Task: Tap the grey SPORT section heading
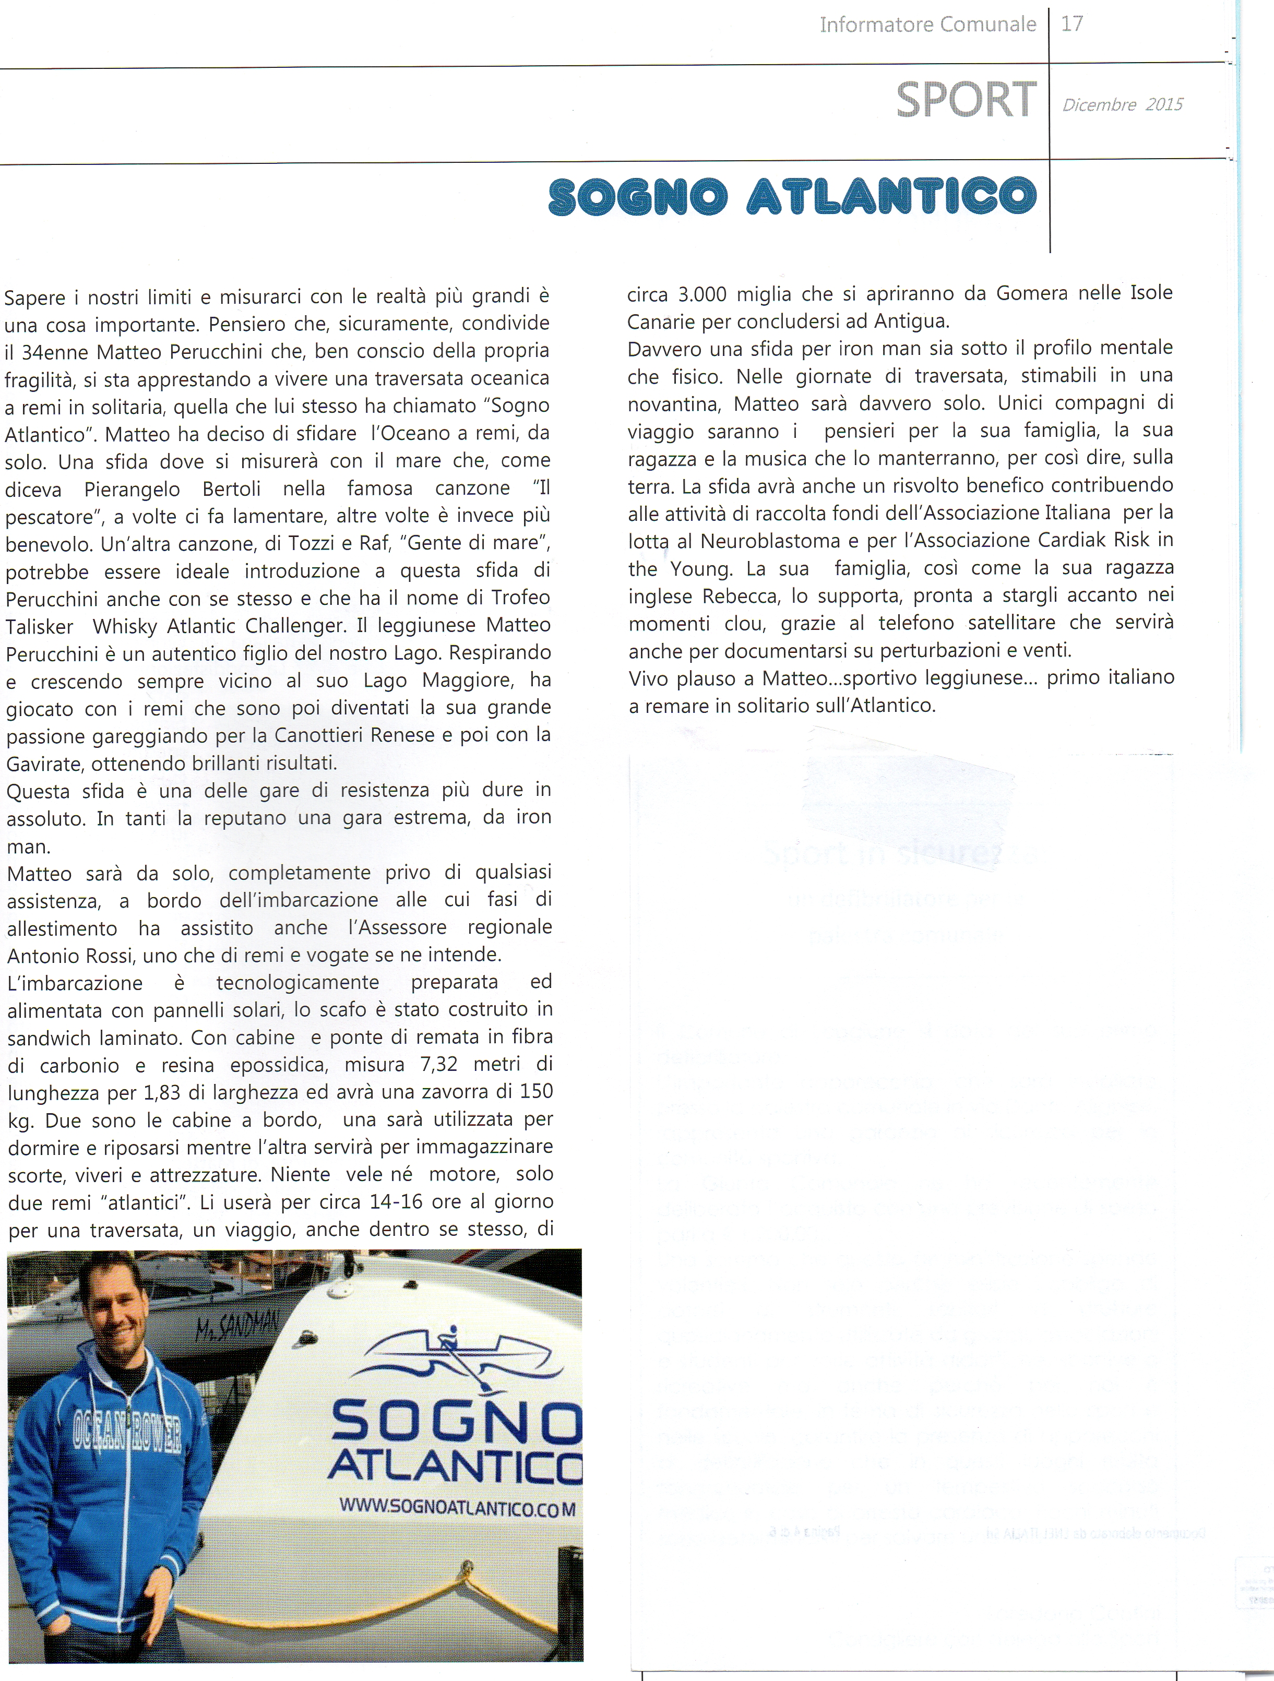(966, 100)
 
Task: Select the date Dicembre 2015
(1122, 105)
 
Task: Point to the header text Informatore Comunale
(927, 25)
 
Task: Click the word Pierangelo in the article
(132, 488)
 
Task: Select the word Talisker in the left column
(40, 627)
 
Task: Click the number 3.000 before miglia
(701, 294)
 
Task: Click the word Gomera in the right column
(1031, 293)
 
